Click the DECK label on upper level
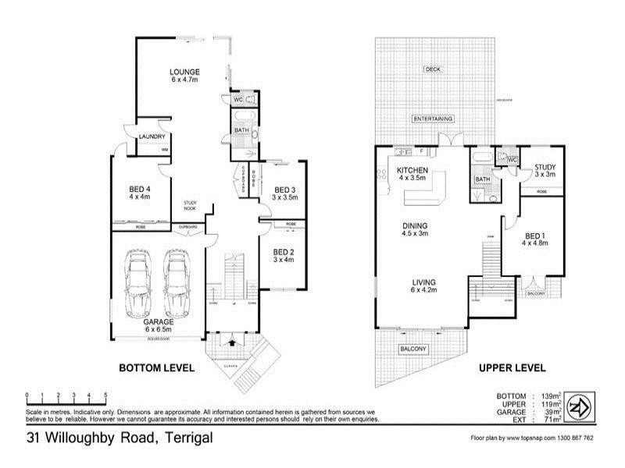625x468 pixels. tap(432, 69)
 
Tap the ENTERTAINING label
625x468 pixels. tap(434, 119)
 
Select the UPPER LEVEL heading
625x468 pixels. tap(513, 368)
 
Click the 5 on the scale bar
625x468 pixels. tap(105, 395)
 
